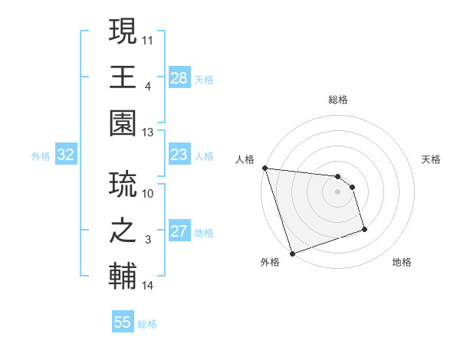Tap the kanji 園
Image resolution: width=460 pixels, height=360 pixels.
point(123,124)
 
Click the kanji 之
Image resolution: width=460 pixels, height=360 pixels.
point(123,230)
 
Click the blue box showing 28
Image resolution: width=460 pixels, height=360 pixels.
point(179,77)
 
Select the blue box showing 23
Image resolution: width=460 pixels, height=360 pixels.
point(179,155)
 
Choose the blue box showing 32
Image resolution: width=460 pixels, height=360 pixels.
point(66,155)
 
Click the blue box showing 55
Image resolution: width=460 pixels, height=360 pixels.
point(123,322)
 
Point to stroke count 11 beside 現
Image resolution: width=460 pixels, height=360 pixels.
point(148,38)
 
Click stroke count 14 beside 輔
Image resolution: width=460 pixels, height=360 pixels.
point(148,286)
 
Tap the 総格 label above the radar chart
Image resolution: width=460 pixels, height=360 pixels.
point(337,100)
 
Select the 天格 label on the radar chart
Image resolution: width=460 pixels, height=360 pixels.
point(432,159)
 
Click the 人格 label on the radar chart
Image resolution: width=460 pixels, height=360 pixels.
point(245,159)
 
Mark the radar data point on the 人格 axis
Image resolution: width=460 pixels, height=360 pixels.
point(264,168)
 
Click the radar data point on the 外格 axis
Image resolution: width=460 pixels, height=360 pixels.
point(292,253)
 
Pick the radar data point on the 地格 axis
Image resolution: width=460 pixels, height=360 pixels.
point(364,229)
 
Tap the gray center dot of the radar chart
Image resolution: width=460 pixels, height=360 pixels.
point(337,191)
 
